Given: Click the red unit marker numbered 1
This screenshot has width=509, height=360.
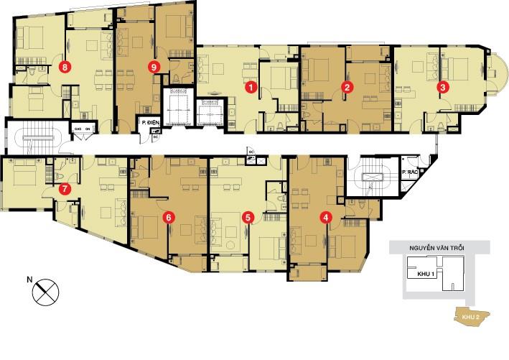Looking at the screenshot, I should coord(251,87).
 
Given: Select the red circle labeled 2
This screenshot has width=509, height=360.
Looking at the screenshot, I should coord(347,87).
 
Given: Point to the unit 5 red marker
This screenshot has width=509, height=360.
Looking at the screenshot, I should coord(248,216).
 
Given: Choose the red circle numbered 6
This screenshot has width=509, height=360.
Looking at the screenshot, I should coord(168,216).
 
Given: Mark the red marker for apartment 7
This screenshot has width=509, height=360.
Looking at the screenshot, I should coord(65,190).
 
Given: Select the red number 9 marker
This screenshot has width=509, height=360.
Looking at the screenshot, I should coord(153,67).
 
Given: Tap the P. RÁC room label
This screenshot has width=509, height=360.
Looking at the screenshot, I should coord(410,172).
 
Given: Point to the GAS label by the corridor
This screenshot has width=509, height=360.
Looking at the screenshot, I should coord(78,129).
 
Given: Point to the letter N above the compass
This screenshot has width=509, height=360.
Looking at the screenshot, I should coord(29,278).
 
